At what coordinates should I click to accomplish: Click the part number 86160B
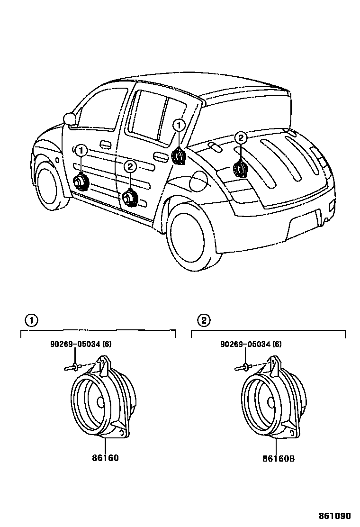click(281, 458)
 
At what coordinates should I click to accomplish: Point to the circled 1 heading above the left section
click(31, 321)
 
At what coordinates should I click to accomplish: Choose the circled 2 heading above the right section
click(203, 321)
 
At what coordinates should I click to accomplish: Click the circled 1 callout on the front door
click(81, 151)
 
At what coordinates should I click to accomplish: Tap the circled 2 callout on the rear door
click(130, 166)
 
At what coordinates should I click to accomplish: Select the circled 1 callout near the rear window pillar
click(179, 126)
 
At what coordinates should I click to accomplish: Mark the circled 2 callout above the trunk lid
click(241, 138)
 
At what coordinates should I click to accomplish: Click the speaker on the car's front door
click(80, 182)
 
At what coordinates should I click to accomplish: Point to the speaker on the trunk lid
click(240, 169)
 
